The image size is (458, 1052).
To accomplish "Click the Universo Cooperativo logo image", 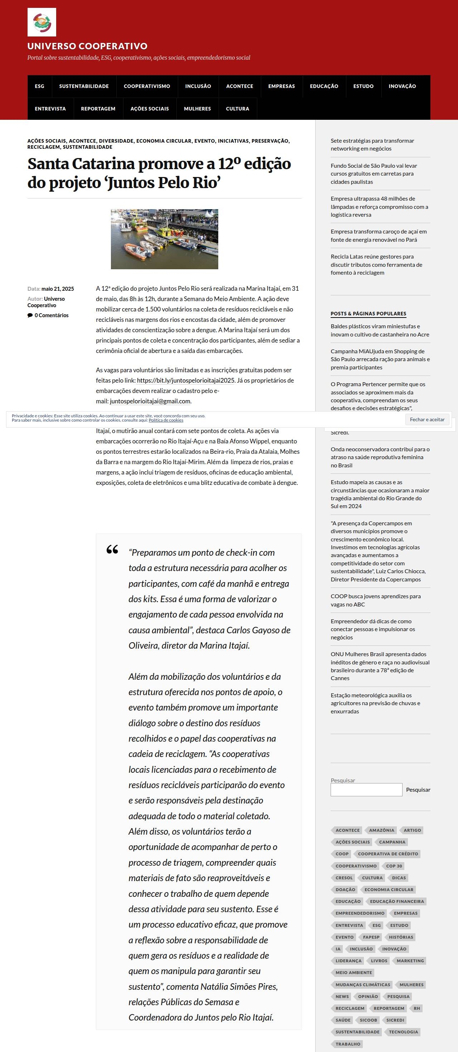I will point(42,22).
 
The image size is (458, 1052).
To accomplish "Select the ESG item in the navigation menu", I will point(39,86).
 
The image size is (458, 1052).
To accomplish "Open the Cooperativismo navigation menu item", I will point(147,86).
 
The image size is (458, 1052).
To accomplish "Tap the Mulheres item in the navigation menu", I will point(198,109).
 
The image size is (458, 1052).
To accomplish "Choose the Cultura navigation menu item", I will point(237,109).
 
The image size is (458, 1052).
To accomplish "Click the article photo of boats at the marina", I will point(164,239).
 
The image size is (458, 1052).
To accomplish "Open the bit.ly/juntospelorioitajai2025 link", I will point(185,380).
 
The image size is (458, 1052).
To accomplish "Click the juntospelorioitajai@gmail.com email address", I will point(150,401).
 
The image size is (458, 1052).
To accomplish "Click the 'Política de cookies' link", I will point(166,420).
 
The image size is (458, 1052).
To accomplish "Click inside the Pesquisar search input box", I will point(366,790).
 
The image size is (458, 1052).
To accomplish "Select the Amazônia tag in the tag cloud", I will point(381,830).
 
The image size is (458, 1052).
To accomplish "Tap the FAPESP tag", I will point(371,937).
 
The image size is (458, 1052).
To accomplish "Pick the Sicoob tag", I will point(368,1020).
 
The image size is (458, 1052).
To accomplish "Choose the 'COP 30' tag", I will point(394,866).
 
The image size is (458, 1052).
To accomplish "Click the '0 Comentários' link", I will point(52,315).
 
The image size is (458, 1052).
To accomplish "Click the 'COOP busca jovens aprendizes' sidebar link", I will point(375,600).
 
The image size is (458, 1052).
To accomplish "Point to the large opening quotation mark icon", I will point(112,550).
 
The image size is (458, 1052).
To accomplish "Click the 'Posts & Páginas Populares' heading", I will point(368,314).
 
